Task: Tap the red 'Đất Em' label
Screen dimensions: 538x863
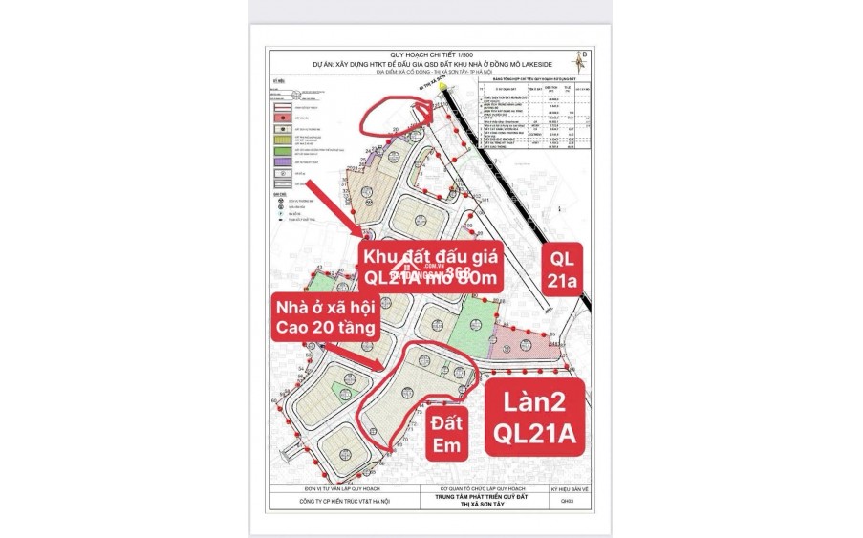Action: tap(445, 433)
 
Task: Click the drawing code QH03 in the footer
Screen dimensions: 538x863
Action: tap(567, 501)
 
